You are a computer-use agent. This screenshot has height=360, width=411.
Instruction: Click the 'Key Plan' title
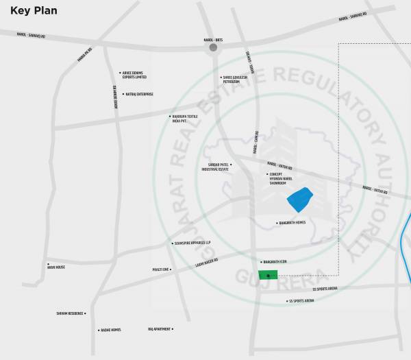click(x=34, y=11)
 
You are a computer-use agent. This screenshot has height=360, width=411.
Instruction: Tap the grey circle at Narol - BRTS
click(x=213, y=48)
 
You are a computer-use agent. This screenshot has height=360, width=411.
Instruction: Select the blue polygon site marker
click(x=299, y=200)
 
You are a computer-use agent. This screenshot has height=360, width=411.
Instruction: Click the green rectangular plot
click(x=268, y=275)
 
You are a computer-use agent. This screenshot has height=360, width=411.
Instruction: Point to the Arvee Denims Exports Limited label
click(x=135, y=75)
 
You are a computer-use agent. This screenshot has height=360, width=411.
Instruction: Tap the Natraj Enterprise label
click(x=140, y=94)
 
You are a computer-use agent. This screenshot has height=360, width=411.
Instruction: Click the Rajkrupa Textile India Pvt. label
click(x=188, y=118)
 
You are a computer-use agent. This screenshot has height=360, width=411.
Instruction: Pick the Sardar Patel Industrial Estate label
click(x=219, y=167)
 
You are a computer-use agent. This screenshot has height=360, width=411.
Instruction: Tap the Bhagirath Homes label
click(x=292, y=223)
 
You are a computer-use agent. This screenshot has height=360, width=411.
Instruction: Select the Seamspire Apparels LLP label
click(x=193, y=243)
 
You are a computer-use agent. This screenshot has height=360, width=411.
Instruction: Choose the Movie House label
click(x=56, y=267)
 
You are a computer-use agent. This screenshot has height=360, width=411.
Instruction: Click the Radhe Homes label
click(x=111, y=330)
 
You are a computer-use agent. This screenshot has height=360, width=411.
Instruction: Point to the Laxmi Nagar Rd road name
click(x=206, y=261)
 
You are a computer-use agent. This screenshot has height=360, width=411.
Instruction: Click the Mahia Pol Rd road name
click(x=84, y=53)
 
